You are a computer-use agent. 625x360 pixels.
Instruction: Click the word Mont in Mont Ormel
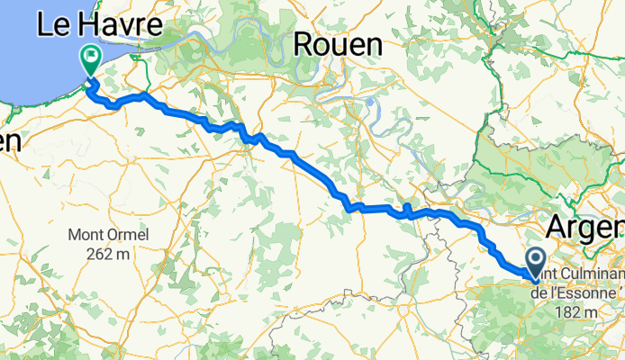[x=86, y=236]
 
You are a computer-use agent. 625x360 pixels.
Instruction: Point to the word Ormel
[x=127, y=236]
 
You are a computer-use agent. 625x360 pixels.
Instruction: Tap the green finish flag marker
[x=91, y=60]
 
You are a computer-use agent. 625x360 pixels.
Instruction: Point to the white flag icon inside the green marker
[x=91, y=57]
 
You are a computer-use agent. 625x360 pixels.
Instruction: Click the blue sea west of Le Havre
[x=27, y=72]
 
